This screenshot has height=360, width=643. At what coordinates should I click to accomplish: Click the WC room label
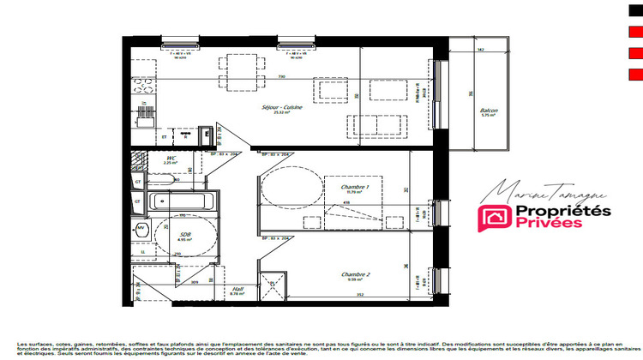171,159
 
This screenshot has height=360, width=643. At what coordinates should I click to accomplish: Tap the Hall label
237,291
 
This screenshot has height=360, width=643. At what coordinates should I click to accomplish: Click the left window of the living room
180,41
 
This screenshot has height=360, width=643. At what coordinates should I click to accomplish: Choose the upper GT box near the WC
138,181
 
